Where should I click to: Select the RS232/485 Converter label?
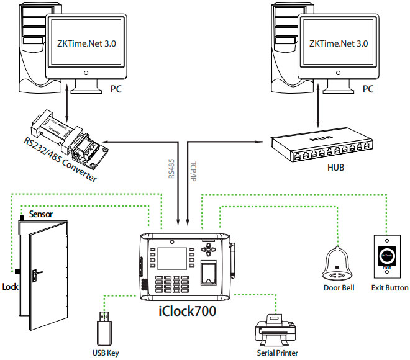point(61,158)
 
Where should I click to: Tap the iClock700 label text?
point(186,311)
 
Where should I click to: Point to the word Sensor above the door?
point(39,214)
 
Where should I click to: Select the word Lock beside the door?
point(11,287)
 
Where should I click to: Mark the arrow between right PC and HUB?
point(319,110)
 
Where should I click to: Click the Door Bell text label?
point(338,288)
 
